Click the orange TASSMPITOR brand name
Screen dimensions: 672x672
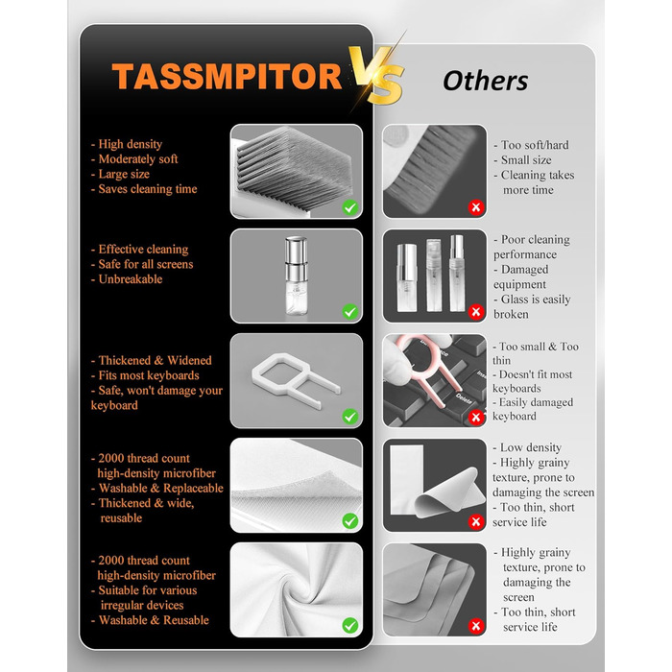[x=227, y=76]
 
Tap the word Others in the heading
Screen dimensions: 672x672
[x=485, y=81]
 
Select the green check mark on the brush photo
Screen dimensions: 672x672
[x=350, y=207]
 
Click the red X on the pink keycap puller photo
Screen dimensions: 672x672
[x=476, y=417]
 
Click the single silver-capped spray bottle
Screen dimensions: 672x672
[x=296, y=276]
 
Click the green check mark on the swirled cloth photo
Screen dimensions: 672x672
[x=350, y=625]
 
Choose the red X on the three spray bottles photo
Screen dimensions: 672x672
[x=476, y=312]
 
